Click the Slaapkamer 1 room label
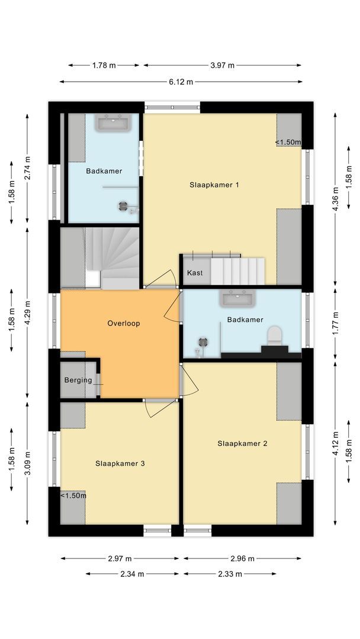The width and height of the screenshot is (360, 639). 214,185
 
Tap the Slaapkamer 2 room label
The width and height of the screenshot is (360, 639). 242,443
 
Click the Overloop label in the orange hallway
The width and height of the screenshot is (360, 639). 123,324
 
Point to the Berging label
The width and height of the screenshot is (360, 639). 78,380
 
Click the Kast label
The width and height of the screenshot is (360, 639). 195,273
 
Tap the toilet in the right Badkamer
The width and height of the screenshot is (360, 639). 274,336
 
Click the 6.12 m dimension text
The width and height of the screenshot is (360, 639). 181,82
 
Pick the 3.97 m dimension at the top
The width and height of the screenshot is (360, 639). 223,66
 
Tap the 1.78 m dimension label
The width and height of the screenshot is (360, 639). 104,66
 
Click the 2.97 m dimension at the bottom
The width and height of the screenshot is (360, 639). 120,558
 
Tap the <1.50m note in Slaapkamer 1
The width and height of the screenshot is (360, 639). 288,142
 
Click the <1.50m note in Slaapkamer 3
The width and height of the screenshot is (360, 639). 73,495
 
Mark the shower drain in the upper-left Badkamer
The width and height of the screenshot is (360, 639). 123,206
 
